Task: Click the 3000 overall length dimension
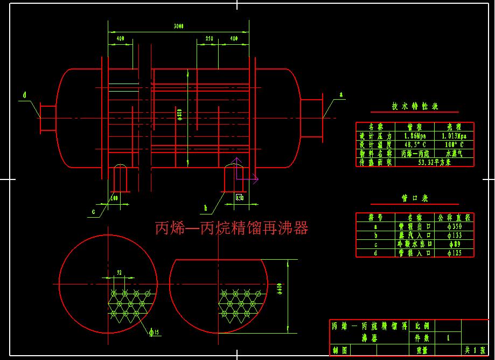[178, 26]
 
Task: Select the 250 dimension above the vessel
[209, 39]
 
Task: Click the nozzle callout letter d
[24, 95]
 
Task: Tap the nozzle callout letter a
[340, 94]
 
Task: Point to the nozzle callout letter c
[93, 212]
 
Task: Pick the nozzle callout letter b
[205, 207]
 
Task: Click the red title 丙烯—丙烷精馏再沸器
[232, 229]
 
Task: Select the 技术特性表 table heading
[415, 107]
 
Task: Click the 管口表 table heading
[415, 198]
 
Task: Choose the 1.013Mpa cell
[454, 136]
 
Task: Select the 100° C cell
[454, 144]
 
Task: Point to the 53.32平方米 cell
[434, 162]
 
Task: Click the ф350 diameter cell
[454, 227]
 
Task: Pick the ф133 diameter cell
[454, 236]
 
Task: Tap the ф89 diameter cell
[454, 244]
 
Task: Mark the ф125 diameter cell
[454, 252]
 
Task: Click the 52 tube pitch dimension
[119, 273]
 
